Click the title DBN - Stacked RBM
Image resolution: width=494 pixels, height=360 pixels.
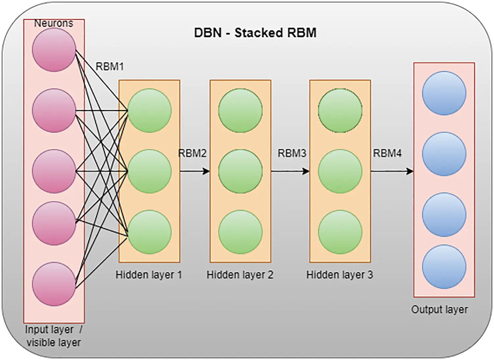[255, 33]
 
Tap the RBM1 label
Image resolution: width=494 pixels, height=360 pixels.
[110, 67]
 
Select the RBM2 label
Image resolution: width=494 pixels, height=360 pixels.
[192, 153]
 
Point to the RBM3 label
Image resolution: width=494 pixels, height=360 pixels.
[292, 153]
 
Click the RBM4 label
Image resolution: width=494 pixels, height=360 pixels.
[387, 153]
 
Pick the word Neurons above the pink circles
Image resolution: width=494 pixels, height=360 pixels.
[54, 23]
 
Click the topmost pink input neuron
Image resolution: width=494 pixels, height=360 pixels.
[54, 50]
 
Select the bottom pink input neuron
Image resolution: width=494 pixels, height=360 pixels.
[54, 284]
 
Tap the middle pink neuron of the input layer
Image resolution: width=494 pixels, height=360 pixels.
[54, 171]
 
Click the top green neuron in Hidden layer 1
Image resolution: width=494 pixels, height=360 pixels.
[149, 110]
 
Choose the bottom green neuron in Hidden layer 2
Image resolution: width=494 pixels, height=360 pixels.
[240, 232]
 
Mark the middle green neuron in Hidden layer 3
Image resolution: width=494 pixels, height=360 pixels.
[340, 171]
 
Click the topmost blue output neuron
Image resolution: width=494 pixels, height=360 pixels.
[444, 93]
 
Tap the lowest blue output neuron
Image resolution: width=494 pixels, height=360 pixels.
[444, 267]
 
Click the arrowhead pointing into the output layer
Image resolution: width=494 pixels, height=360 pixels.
[410, 171]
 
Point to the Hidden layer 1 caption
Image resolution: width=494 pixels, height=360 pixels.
[148, 275]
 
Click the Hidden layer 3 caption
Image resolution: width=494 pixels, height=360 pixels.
[339, 275]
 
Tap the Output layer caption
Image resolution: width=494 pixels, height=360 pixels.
[439, 309]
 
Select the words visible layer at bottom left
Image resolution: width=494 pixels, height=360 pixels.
[54, 342]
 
